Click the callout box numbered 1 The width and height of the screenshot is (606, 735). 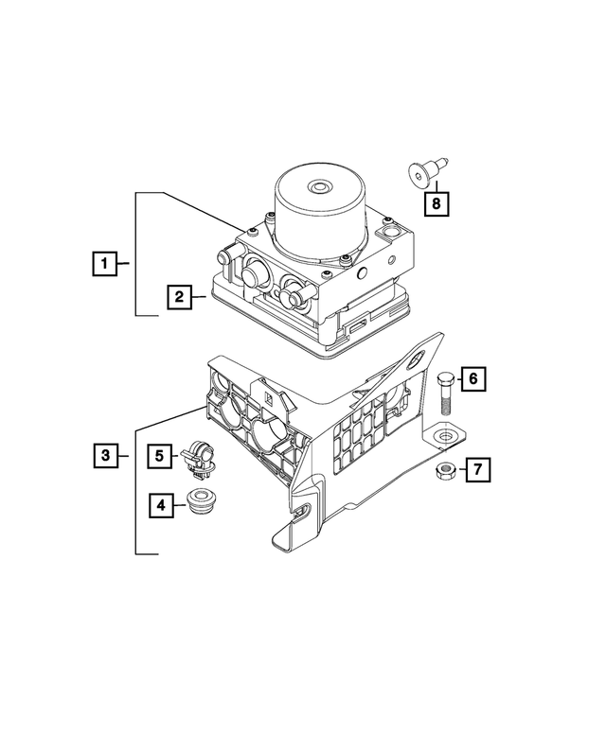coord(105,262)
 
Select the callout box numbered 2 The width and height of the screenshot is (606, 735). coord(176,297)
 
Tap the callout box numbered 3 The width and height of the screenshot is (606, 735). coord(105,457)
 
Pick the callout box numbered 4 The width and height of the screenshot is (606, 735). coord(161,505)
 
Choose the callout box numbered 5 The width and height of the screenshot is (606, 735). coord(161,456)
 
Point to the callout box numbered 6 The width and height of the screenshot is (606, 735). coord(474,379)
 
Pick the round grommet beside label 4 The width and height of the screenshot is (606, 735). coord(201,502)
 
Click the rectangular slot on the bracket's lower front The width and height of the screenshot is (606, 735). coord(300,512)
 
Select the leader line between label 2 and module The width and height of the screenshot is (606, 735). coord(202,297)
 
